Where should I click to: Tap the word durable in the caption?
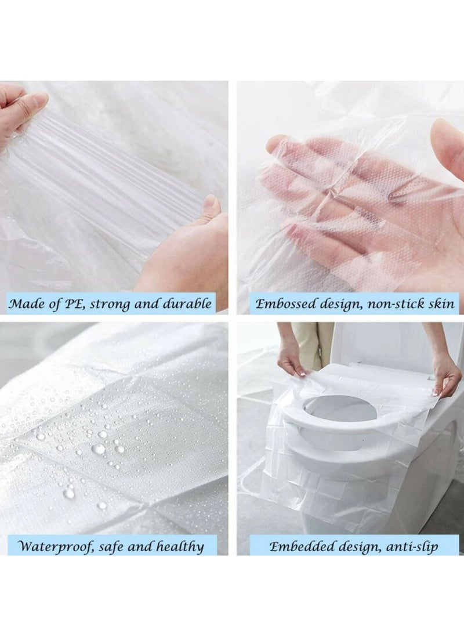pyautogui.click(x=187, y=304)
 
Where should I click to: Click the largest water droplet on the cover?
pyautogui.click(x=99, y=448)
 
